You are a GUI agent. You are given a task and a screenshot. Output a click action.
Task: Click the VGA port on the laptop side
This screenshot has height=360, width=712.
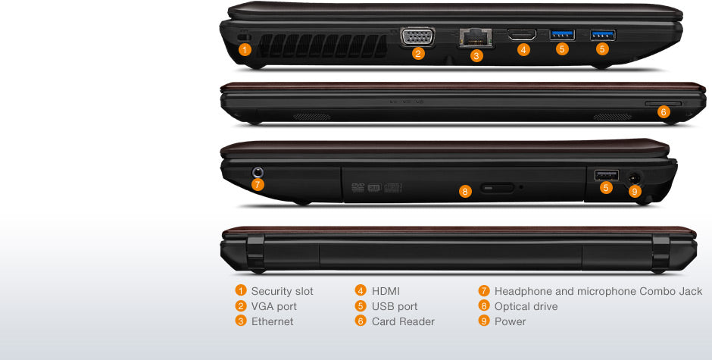click(x=418, y=36)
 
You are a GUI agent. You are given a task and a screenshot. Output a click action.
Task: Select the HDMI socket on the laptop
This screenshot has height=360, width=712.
click(x=522, y=35)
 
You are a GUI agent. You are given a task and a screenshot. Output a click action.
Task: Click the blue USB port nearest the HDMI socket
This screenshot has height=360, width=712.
click(x=562, y=34)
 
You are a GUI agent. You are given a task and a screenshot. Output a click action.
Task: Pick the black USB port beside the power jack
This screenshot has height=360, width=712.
click(x=606, y=175)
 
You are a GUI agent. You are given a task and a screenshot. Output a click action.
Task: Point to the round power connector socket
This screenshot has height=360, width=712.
click(x=634, y=177)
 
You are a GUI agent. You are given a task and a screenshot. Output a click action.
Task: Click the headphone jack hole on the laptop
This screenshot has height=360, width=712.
click(x=258, y=172)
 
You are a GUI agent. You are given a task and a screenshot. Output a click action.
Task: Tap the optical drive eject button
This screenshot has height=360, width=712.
click(x=498, y=186)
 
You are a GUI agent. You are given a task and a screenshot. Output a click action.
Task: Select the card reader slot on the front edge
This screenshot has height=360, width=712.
click(x=663, y=101)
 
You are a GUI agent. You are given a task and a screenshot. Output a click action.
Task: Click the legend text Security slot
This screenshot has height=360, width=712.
click(x=282, y=291)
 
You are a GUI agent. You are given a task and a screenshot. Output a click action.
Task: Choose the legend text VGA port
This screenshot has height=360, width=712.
click(x=273, y=306)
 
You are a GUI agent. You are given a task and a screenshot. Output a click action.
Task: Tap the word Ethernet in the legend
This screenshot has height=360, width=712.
click(x=272, y=321)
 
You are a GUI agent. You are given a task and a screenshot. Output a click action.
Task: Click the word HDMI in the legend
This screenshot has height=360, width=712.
click(x=386, y=291)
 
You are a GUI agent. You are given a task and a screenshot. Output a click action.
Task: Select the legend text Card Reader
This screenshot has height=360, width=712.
click(x=403, y=321)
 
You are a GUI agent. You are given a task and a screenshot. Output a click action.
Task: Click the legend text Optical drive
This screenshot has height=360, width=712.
click(x=526, y=306)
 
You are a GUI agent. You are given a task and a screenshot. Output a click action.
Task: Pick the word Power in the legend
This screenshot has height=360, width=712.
click(x=510, y=321)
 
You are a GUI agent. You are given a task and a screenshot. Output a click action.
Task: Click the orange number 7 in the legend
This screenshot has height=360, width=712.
click(x=484, y=291)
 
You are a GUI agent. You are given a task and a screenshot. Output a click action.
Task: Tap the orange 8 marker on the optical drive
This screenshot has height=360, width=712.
click(x=465, y=191)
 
